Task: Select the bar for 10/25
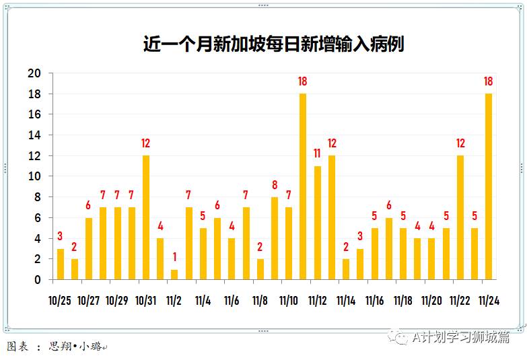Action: (x=61, y=264)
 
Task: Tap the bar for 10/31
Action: (x=146, y=217)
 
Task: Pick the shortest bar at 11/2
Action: (x=174, y=275)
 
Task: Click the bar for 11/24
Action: (x=489, y=186)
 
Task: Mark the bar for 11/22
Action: (x=460, y=217)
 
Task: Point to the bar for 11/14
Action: (x=346, y=269)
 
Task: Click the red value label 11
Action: (x=317, y=153)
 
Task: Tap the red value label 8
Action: (x=275, y=184)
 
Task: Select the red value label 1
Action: (x=174, y=257)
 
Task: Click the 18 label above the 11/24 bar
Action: (x=489, y=81)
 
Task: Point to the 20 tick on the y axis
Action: (x=34, y=73)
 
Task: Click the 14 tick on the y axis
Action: (x=34, y=135)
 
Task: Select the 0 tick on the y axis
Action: (x=38, y=280)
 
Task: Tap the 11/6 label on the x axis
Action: (x=232, y=301)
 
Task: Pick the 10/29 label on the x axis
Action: (x=117, y=301)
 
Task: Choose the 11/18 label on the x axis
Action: (x=403, y=301)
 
